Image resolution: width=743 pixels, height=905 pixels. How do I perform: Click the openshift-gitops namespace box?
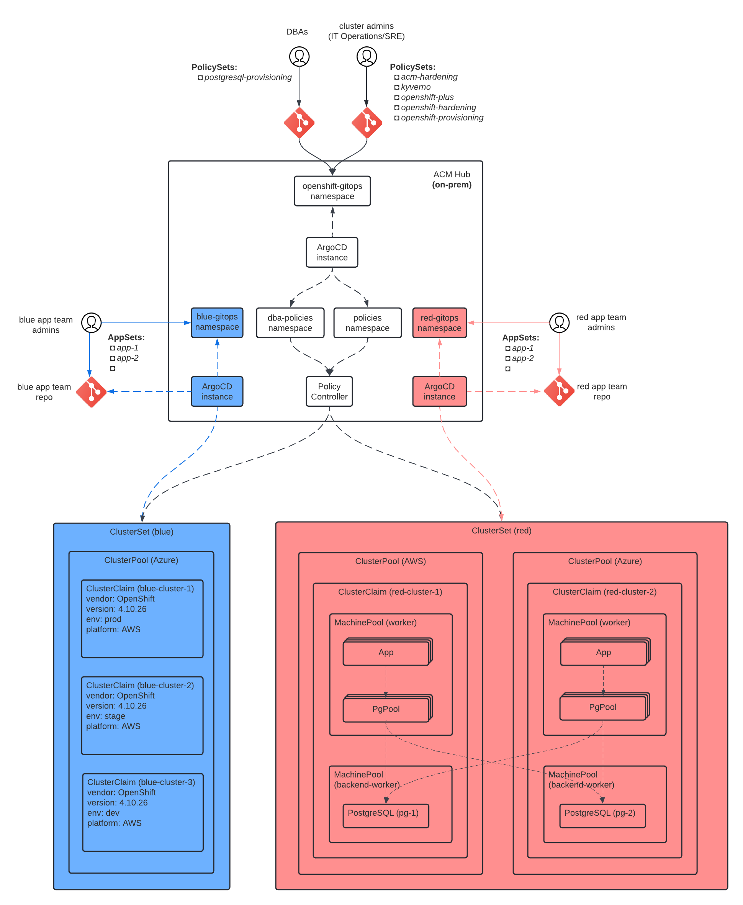pos(332,191)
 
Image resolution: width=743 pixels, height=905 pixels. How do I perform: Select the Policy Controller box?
pos(329,391)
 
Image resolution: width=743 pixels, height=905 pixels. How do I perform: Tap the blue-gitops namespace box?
pos(217,322)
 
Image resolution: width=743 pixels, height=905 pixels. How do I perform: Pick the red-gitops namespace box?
pos(440,322)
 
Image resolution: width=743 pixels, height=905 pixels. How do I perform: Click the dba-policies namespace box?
pos(290,322)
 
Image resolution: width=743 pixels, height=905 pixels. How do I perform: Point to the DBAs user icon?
pos(299,56)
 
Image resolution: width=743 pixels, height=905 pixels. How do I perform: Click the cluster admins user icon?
pos(367,56)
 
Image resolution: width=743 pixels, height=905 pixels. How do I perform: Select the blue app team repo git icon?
pos(91,391)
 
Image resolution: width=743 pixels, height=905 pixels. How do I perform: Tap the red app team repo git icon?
pos(559,391)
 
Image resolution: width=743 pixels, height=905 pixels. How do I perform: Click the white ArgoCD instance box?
pos(332,252)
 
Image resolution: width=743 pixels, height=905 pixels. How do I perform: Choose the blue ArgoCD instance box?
pos(217,391)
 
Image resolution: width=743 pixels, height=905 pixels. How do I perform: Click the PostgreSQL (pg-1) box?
pos(385,815)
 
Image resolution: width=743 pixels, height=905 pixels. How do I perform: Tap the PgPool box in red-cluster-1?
pos(386,709)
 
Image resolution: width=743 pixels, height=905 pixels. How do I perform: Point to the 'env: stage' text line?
pos(106,716)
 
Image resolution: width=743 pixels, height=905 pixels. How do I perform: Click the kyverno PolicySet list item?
pos(415,87)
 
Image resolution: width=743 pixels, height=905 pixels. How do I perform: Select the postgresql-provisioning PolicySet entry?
pos(247,77)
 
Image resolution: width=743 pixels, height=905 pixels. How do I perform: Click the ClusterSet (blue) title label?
pos(141,532)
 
